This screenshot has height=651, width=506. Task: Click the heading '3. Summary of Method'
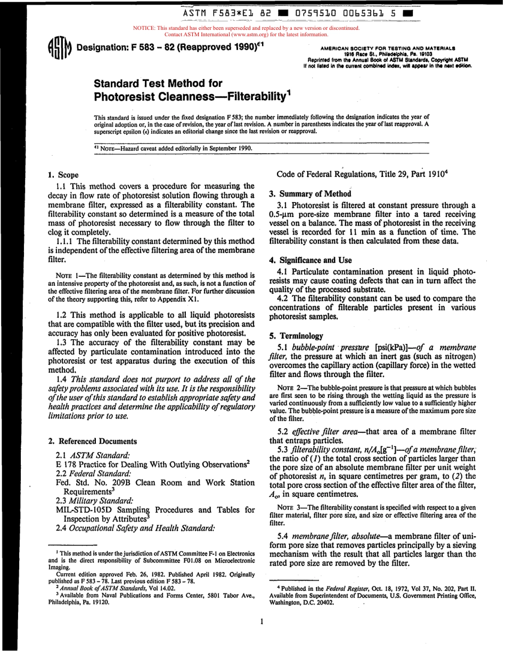click(310, 194)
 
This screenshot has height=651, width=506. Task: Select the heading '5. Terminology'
click(296, 336)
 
